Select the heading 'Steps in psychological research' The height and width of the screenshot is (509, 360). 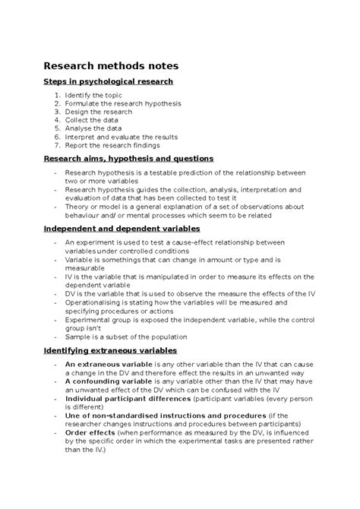(x=109, y=81)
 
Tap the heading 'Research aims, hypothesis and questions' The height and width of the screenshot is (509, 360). (x=128, y=159)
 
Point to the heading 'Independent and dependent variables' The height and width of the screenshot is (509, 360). (x=122, y=227)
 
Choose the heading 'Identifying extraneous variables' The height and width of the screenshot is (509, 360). (x=110, y=350)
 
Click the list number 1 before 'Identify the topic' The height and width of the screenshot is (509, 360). (x=57, y=95)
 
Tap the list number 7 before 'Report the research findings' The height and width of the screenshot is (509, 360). (x=57, y=145)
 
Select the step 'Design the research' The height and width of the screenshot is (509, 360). (x=98, y=112)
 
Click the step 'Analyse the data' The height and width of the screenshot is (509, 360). (x=94, y=128)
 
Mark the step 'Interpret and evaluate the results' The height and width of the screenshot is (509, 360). (x=121, y=137)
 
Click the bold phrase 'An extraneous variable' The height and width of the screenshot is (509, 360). (x=106, y=365)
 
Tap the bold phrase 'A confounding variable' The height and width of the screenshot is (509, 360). (x=106, y=381)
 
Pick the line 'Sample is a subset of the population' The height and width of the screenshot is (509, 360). (x=125, y=335)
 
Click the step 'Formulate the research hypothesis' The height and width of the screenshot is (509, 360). (x=123, y=103)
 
